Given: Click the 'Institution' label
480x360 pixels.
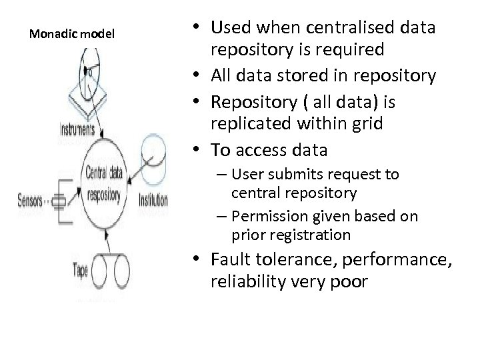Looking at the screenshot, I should [153, 199].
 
